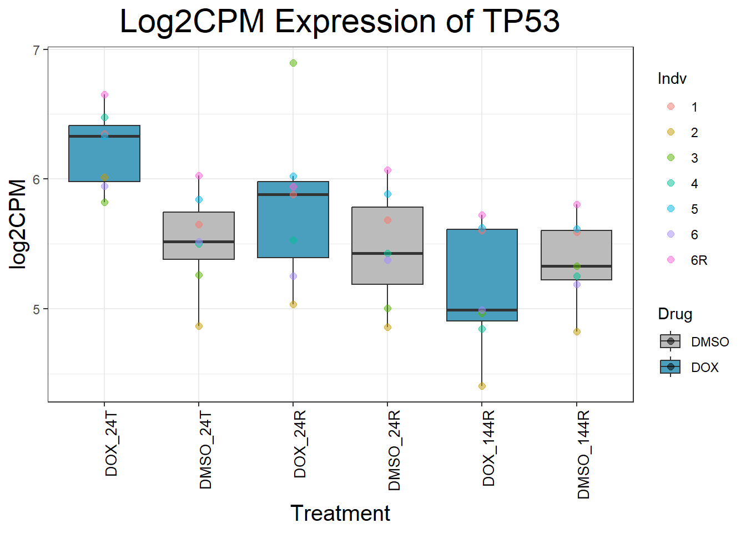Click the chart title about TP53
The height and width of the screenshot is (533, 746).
(x=340, y=22)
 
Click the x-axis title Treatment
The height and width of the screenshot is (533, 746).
(x=340, y=514)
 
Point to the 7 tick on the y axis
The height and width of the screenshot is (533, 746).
(x=37, y=51)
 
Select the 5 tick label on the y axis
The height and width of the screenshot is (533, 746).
(x=37, y=309)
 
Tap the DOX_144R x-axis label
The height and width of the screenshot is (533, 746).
(x=488, y=449)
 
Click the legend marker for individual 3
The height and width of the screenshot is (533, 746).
(x=671, y=158)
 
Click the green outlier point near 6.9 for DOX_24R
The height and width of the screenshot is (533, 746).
(x=293, y=63)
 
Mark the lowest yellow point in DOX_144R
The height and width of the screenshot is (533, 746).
(x=482, y=386)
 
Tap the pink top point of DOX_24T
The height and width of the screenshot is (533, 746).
(x=104, y=95)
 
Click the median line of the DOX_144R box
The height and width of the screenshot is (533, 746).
(x=482, y=310)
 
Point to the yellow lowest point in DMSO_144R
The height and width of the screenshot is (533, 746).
(x=577, y=332)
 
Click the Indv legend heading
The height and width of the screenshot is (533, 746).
(x=672, y=79)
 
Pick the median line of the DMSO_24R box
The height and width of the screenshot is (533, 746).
(x=387, y=253)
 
